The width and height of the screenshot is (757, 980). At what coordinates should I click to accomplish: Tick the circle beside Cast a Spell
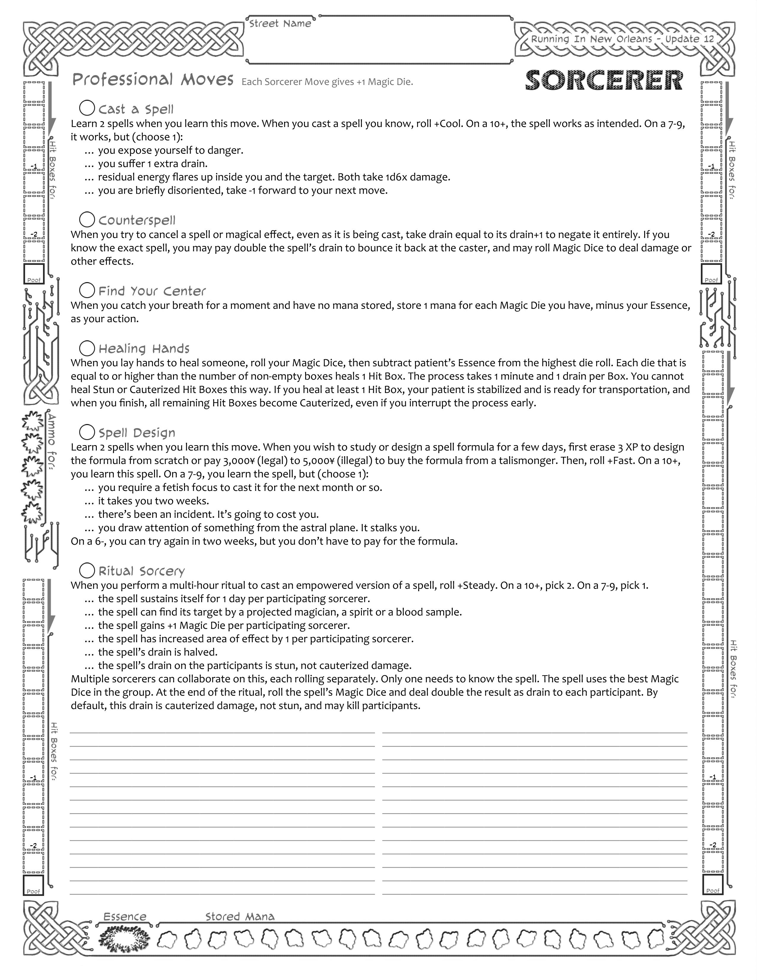(87, 108)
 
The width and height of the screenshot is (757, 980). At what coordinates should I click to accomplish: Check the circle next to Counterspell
(87, 219)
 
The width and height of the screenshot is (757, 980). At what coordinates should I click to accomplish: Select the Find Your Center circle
(87, 290)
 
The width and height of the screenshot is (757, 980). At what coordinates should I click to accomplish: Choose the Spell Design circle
(87, 432)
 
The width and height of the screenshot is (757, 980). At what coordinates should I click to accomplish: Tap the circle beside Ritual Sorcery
(87, 570)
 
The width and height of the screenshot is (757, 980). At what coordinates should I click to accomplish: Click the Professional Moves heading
(153, 80)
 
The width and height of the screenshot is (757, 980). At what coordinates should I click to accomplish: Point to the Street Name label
(280, 24)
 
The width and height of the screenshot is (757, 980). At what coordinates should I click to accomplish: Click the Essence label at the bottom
(125, 916)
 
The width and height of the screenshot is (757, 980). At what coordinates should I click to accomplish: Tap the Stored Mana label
(240, 916)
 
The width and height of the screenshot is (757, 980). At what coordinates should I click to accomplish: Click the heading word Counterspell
(137, 220)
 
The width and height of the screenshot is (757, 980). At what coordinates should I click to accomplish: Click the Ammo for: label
(52, 442)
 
